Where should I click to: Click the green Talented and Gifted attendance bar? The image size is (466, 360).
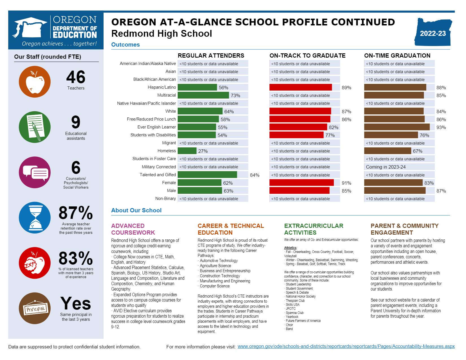207,175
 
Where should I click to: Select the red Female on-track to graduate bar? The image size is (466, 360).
301,183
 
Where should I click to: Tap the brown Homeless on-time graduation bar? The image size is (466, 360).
387,151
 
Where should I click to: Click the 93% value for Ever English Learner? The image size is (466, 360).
441,127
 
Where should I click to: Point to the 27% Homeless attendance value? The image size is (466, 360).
203,151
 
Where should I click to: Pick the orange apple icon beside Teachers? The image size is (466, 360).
34,82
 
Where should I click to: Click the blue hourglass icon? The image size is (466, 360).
34,218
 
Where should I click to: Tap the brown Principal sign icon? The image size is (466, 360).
34,308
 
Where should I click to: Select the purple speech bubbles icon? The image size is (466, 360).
34,172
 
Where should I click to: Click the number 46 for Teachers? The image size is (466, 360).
76,77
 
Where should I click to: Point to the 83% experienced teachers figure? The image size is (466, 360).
76,258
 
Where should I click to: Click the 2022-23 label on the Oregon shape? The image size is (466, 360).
433,34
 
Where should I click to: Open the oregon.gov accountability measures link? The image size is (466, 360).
346,346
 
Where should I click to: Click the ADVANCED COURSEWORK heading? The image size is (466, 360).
133,229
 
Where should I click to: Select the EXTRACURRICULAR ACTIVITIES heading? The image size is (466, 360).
313,229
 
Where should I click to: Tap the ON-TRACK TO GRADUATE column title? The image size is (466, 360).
307,55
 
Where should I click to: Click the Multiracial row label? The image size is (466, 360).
166,95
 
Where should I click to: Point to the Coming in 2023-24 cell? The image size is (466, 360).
386,167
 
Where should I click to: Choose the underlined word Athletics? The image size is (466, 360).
290,248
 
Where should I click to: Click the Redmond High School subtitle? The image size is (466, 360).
161,34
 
